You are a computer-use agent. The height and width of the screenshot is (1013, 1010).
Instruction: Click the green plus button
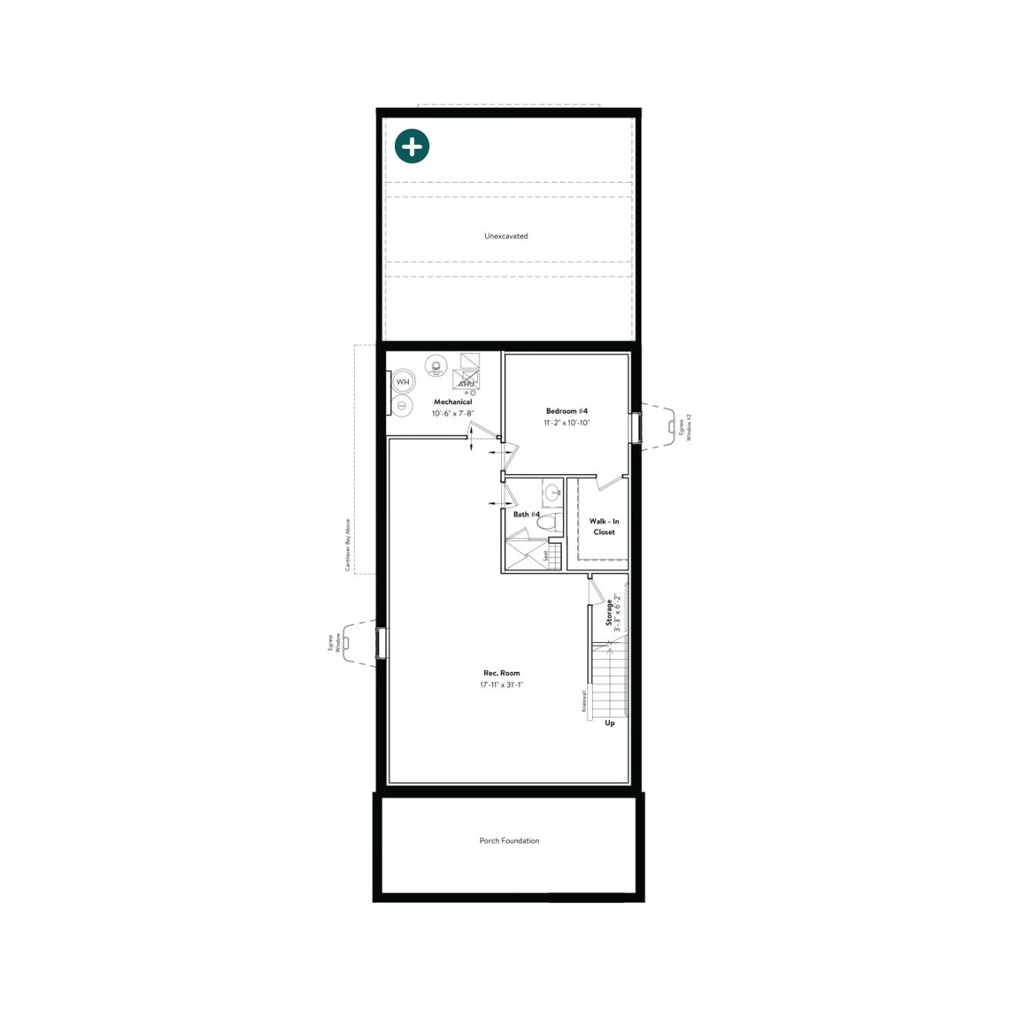412,146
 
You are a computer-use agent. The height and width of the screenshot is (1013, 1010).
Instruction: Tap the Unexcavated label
506,236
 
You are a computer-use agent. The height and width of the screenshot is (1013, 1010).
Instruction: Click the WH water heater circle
402,382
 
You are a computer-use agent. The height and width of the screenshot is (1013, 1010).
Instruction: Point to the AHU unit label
466,383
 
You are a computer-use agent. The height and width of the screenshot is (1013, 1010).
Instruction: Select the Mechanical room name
453,402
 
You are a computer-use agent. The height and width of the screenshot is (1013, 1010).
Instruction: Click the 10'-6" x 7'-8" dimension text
453,414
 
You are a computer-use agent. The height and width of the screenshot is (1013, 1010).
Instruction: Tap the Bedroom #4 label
567,411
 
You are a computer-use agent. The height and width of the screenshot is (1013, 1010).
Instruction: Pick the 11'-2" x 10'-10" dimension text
567,423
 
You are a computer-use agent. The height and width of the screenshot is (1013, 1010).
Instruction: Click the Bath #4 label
527,514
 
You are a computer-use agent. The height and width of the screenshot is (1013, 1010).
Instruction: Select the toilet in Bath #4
547,523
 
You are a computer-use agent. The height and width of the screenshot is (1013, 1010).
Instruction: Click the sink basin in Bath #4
552,491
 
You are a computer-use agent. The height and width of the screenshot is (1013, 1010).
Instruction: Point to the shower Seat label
546,555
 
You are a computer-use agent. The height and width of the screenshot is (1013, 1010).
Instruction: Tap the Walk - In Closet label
604,527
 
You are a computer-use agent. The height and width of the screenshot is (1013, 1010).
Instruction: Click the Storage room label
609,613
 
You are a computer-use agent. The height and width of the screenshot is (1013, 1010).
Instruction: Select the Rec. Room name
501,673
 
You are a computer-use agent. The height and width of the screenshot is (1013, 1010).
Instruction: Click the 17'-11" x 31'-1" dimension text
501,685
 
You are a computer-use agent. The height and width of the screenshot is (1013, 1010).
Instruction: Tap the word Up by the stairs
610,723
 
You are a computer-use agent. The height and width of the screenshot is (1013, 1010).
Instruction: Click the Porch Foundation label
509,841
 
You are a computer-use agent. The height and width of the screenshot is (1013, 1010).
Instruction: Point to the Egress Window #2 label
685,427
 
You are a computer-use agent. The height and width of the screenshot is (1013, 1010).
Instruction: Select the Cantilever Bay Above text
348,545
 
